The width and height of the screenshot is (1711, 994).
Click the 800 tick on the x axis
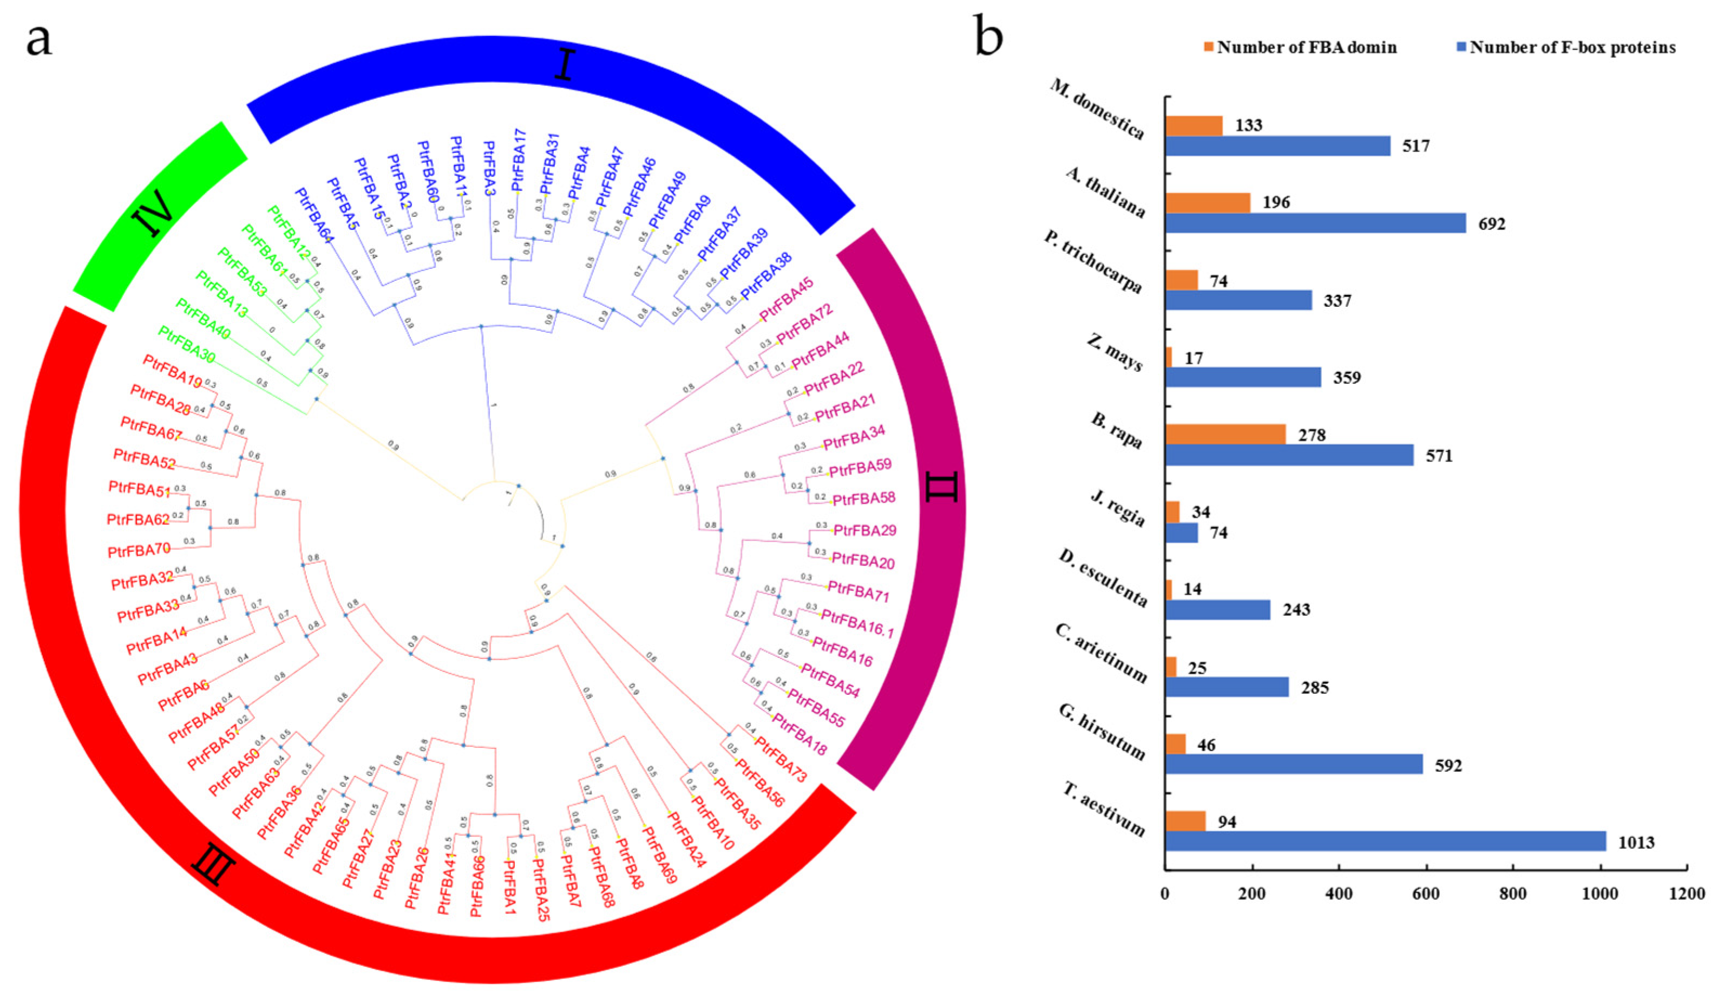pyautogui.click(x=1513, y=895)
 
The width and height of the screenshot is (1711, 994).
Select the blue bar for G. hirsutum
pyautogui.click(x=1294, y=765)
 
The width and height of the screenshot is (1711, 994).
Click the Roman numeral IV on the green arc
pyautogui.click(x=158, y=213)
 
